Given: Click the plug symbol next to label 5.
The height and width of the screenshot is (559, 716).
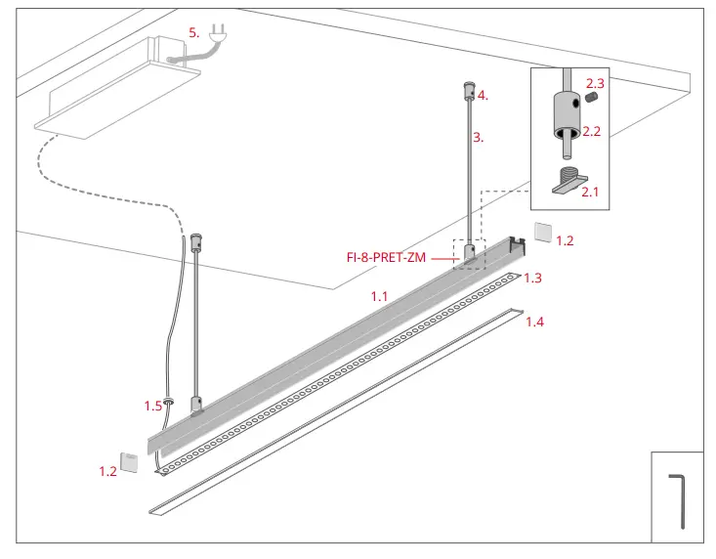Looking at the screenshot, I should [218, 36].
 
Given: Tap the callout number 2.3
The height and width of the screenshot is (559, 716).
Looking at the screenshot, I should [595, 84].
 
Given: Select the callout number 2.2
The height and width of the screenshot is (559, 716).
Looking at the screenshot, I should [591, 131].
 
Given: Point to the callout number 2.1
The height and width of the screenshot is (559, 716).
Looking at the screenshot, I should [590, 193].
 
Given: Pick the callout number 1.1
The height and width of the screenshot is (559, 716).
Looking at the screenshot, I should [379, 294].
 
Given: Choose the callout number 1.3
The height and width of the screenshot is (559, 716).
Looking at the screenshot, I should [532, 279].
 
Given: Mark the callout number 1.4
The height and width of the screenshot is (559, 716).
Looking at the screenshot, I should [534, 322].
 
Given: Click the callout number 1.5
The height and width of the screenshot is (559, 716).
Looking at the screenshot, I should [152, 405].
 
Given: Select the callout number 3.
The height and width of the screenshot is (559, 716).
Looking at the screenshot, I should [478, 138].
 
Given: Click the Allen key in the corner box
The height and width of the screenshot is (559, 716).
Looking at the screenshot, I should [678, 500].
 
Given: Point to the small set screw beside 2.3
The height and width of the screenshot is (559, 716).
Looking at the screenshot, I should [591, 99].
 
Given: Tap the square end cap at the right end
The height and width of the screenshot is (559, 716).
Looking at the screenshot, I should [542, 233].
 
